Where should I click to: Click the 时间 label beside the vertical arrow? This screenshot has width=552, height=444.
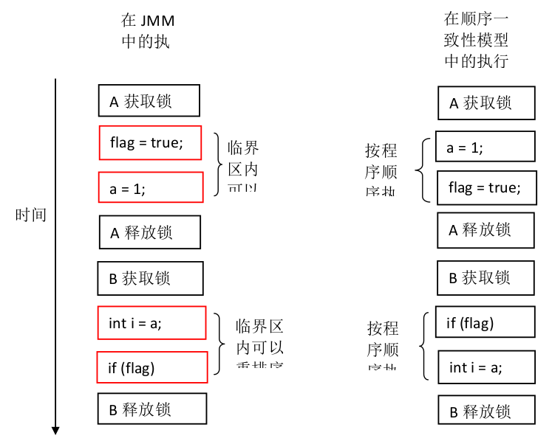31,215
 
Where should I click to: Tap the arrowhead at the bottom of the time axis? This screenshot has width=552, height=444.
55,431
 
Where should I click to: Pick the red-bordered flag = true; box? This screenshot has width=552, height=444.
151,142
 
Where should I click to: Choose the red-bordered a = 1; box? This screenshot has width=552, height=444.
151,187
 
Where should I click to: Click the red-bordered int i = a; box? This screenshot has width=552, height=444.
151,322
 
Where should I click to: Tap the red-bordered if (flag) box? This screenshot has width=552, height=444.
151,367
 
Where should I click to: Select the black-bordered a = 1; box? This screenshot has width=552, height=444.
485,146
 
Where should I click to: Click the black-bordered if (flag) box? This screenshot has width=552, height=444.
485,322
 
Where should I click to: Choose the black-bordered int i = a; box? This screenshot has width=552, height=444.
485,367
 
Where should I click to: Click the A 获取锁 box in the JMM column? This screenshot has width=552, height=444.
149,100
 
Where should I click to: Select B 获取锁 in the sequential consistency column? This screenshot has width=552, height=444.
485,277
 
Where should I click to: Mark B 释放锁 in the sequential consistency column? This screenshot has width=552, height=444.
485,410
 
